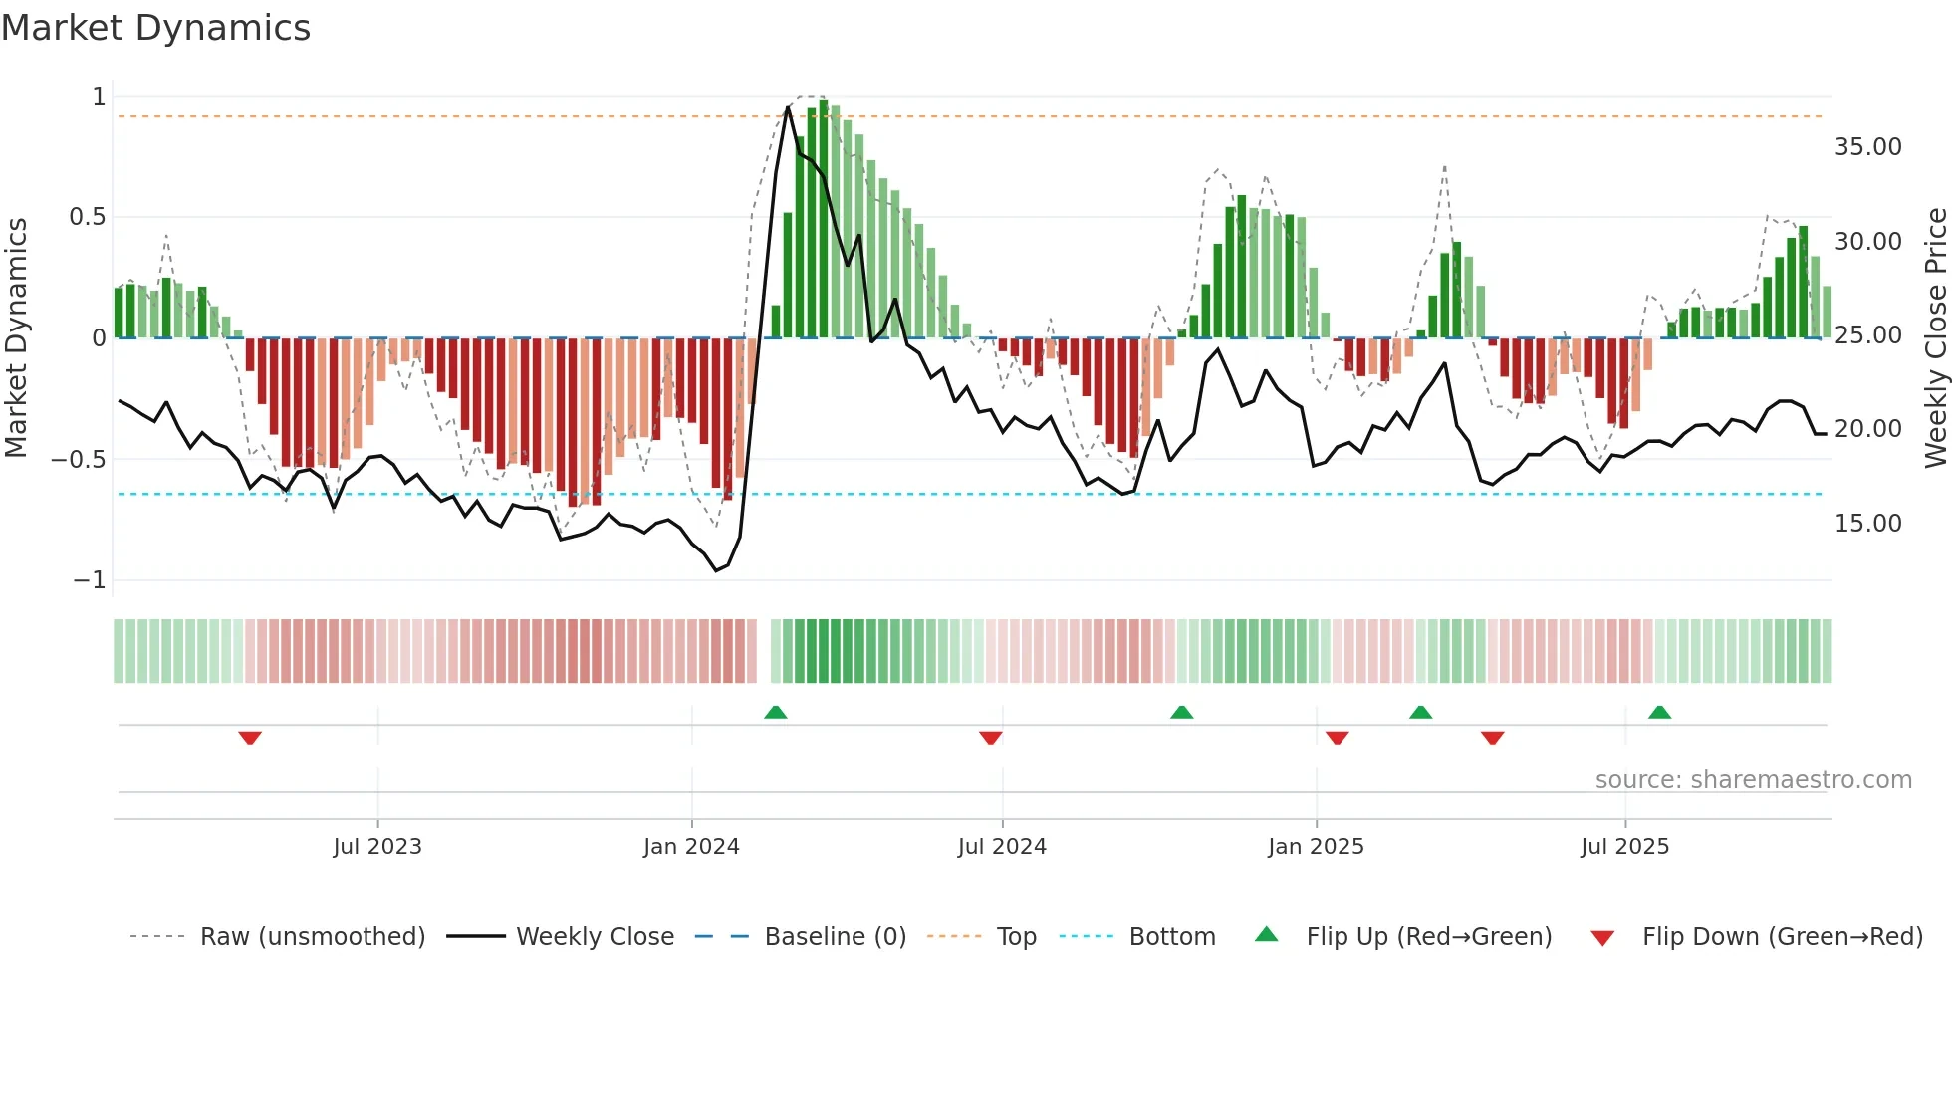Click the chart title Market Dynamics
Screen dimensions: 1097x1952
click(x=155, y=28)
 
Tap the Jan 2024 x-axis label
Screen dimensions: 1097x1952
click(x=691, y=847)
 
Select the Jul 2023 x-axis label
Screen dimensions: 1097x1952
click(x=377, y=847)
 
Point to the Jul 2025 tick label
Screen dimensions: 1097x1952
click(x=1624, y=847)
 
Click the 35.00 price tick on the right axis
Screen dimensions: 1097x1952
click(x=1867, y=147)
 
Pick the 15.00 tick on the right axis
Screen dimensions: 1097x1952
click(x=1867, y=524)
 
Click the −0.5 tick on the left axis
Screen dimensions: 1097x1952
click(x=79, y=460)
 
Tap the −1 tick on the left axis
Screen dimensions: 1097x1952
click(x=90, y=580)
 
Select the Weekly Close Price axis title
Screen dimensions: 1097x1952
click(x=1935, y=338)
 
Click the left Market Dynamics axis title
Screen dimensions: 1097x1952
click(x=16, y=338)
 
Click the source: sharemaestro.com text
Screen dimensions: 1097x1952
click(x=1753, y=780)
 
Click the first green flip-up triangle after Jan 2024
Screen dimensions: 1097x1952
click(x=776, y=712)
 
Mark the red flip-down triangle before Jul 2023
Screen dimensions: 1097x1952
click(x=250, y=738)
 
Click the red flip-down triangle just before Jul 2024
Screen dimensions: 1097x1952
click(x=990, y=738)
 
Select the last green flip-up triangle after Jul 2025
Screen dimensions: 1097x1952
click(x=1659, y=712)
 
